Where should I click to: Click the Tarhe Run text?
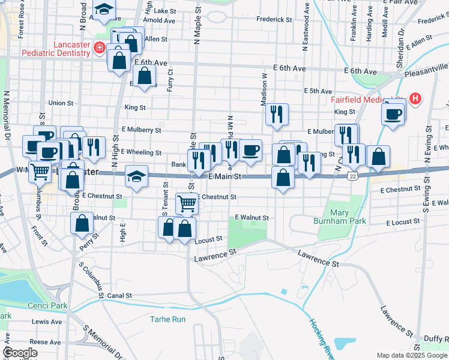click(167, 319)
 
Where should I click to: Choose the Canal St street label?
click(119, 296)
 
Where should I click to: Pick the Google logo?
click(20, 352)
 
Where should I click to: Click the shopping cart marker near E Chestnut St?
click(187, 203)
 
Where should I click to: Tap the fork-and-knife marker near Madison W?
click(277, 114)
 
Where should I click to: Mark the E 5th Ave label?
click(319, 91)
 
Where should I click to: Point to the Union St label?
click(61, 103)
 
